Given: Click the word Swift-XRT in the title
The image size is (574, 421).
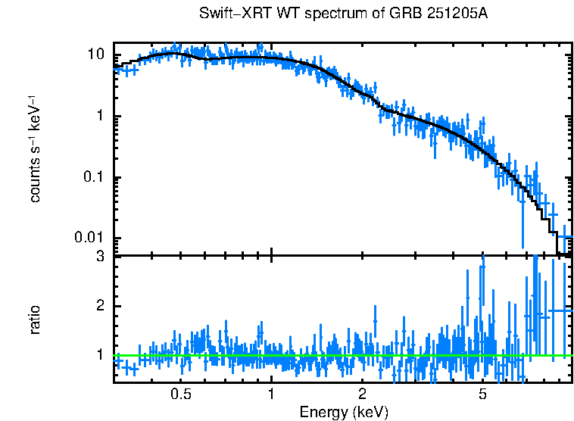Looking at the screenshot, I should point(228,14).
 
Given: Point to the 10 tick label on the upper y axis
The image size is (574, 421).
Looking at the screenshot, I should point(95,55).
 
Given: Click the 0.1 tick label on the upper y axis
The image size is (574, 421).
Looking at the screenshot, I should point(94,178).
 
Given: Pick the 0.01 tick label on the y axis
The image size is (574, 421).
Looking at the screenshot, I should point(91,239).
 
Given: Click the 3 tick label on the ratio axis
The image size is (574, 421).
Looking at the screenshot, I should point(100,257).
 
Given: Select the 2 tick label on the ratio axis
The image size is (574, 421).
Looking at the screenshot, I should point(100,306).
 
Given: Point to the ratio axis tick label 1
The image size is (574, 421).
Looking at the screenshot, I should point(100,354).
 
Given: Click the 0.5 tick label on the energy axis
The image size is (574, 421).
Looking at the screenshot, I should point(181,394).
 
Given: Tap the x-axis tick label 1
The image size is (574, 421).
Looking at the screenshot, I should point(271,394).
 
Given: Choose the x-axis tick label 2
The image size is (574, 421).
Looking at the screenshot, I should point(362,394).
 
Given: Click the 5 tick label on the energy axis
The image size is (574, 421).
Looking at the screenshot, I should point(482,394).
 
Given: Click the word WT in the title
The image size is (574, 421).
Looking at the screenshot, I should point(275,14).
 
